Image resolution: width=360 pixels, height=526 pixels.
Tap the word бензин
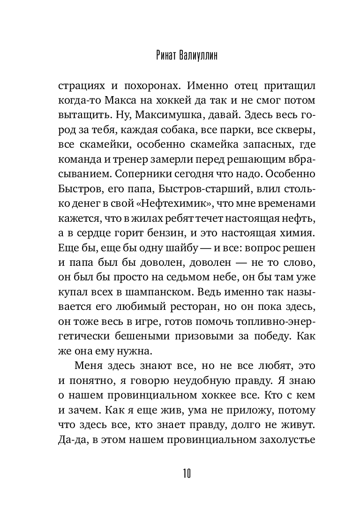[x=170, y=232]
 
